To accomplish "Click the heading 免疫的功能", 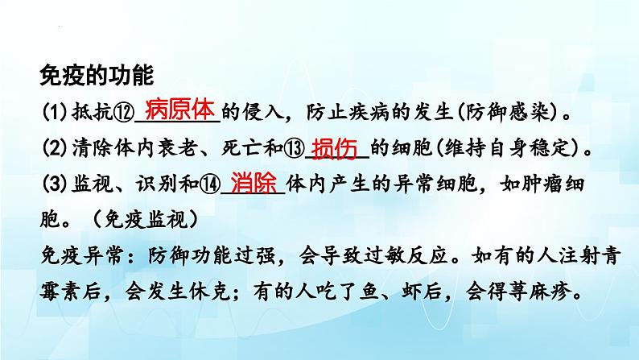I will (95, 77).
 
